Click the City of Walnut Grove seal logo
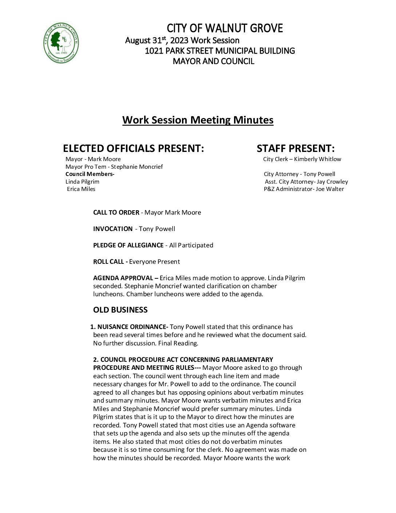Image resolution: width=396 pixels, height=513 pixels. (61, 43)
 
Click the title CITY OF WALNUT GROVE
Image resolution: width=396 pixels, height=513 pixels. (225, 28)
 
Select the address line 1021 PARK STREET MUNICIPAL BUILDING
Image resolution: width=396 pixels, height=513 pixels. (219, 51)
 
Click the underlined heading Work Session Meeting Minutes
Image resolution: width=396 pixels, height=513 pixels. (198, 120)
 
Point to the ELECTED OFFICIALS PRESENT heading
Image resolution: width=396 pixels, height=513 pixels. (133, 148)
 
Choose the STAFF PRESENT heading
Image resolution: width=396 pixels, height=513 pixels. (296, 148)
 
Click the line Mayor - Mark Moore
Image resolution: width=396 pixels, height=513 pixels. (93, 159)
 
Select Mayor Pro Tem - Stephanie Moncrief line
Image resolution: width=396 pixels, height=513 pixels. (114, 167)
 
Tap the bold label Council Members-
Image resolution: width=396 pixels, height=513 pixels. (90, 174)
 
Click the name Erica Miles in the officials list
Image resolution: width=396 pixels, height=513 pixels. (81, 189)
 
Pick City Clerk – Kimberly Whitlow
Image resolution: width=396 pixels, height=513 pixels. (302, 159)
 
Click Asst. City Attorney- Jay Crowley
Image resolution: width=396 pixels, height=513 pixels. (306, 181)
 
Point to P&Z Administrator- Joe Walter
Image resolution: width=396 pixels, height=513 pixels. (304, 189)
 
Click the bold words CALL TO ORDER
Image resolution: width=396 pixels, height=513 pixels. (116, 212)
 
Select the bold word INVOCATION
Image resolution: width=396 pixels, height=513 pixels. (113, 229)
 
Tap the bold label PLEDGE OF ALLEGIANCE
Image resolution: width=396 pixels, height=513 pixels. (128, 245)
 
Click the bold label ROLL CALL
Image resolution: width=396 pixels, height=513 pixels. (108, 262)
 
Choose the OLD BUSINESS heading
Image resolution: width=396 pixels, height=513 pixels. (120, 310)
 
